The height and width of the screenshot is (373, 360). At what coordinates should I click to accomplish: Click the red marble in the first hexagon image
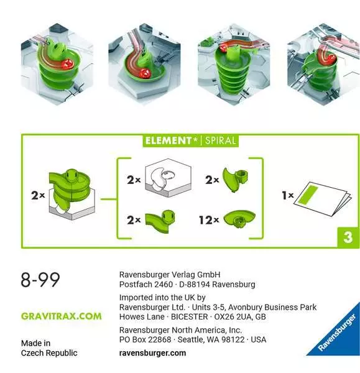[x=67, y=64]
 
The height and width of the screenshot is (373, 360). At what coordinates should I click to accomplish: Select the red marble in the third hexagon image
[x=223, y=48]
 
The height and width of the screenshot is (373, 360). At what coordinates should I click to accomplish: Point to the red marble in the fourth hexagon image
[x=331, y=59]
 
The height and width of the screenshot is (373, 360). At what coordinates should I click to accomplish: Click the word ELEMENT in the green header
[x=168, y=140]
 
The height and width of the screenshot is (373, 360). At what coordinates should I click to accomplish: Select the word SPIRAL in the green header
[x=220, y=140]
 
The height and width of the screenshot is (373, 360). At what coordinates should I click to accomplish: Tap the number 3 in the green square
[x=348, y=237]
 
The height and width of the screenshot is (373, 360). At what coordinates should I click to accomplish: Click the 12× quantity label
[x=209, y=220]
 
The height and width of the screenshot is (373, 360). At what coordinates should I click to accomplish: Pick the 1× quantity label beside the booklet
[x=288, y=196]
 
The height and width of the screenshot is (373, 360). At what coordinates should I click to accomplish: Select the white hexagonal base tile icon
[x=168, y=178]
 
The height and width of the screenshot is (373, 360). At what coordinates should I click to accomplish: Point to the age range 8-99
[x=40, y=280]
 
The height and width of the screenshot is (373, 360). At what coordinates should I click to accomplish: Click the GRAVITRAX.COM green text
[x=62, y=316]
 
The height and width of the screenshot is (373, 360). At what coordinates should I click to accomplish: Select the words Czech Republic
[x=49, y=353]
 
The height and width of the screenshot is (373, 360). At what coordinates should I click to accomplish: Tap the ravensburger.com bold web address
[x=152, y=353]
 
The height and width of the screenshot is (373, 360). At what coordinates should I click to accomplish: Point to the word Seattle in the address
[x=191, y=339]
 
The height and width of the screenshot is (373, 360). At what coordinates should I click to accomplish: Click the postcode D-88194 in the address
[x=194, y=285]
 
